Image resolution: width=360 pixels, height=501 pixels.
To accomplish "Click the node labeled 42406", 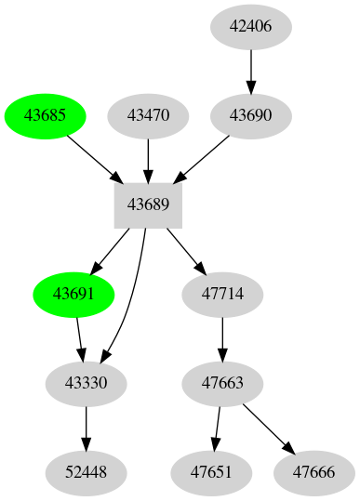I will point(250,26).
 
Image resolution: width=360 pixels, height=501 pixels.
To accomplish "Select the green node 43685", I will point(46,116).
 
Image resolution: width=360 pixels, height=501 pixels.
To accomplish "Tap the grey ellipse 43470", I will point(149,116).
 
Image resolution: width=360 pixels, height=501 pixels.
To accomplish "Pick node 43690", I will point(250,116).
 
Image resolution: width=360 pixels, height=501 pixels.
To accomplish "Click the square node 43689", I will point(148,204).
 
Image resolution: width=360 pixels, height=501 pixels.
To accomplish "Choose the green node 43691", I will point(73,294).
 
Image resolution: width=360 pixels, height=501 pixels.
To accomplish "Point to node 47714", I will point(222,294).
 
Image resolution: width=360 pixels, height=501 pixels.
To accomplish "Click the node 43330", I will point(87,383).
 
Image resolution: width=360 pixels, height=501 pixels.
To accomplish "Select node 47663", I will point(222,383).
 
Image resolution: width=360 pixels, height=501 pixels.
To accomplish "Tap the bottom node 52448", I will point(87,472).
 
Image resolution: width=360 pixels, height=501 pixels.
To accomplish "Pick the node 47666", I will point(313,472).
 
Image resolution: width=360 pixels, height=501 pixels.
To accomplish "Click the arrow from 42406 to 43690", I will point(250,71).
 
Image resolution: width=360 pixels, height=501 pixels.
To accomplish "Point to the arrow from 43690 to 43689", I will point(205,157).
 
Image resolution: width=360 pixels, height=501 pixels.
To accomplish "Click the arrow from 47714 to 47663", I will point(222,338).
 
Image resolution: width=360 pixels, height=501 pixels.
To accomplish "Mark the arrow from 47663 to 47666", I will point(270,428).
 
